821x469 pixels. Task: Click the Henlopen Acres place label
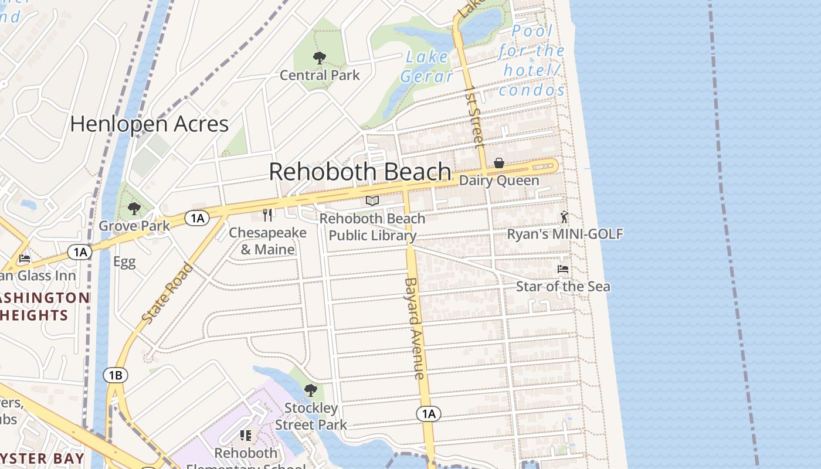149,124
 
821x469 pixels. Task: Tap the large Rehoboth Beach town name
360,172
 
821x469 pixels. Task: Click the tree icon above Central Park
320,58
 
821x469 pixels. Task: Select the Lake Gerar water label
427,66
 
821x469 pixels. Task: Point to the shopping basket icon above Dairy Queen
498,163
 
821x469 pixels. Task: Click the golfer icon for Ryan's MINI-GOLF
564,217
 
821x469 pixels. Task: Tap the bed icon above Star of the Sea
563,269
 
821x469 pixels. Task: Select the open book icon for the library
372,201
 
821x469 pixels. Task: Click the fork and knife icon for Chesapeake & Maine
267,215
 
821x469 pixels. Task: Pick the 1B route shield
116,375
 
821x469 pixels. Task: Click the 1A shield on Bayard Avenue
429,414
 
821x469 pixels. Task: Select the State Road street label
167,293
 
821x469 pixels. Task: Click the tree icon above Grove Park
134,208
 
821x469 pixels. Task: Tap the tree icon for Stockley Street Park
311,390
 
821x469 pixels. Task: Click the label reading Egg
124,262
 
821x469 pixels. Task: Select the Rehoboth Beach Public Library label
372,227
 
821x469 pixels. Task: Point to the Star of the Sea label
563,287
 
